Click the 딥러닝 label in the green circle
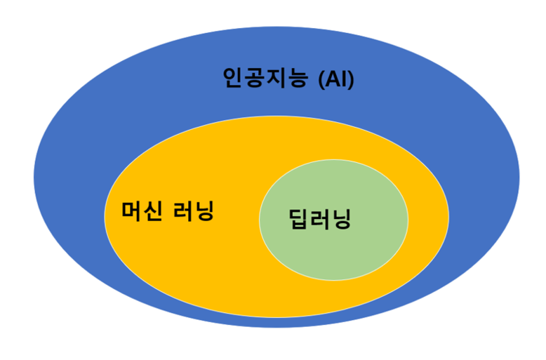[319, 220]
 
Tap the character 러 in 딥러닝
[319, 220]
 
